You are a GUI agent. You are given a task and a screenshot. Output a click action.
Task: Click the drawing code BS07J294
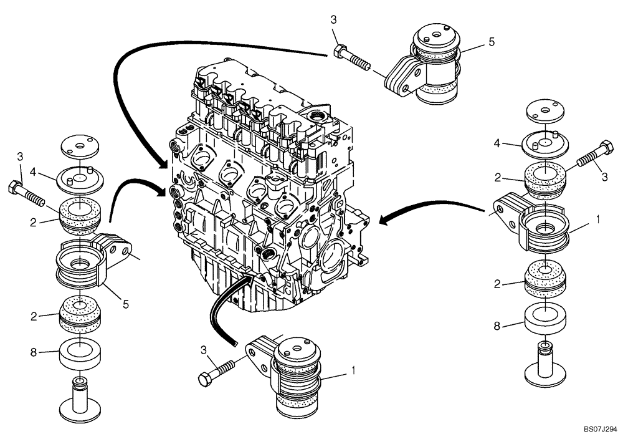600,430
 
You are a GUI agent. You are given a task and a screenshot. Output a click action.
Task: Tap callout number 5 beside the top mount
492,42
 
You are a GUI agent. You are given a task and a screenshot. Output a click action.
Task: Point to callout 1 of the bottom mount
354,370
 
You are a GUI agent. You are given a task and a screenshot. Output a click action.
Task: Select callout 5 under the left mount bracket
126,304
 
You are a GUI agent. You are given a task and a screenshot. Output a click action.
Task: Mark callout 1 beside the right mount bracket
598,219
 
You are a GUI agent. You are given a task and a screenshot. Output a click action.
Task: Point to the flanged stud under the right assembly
545,365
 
